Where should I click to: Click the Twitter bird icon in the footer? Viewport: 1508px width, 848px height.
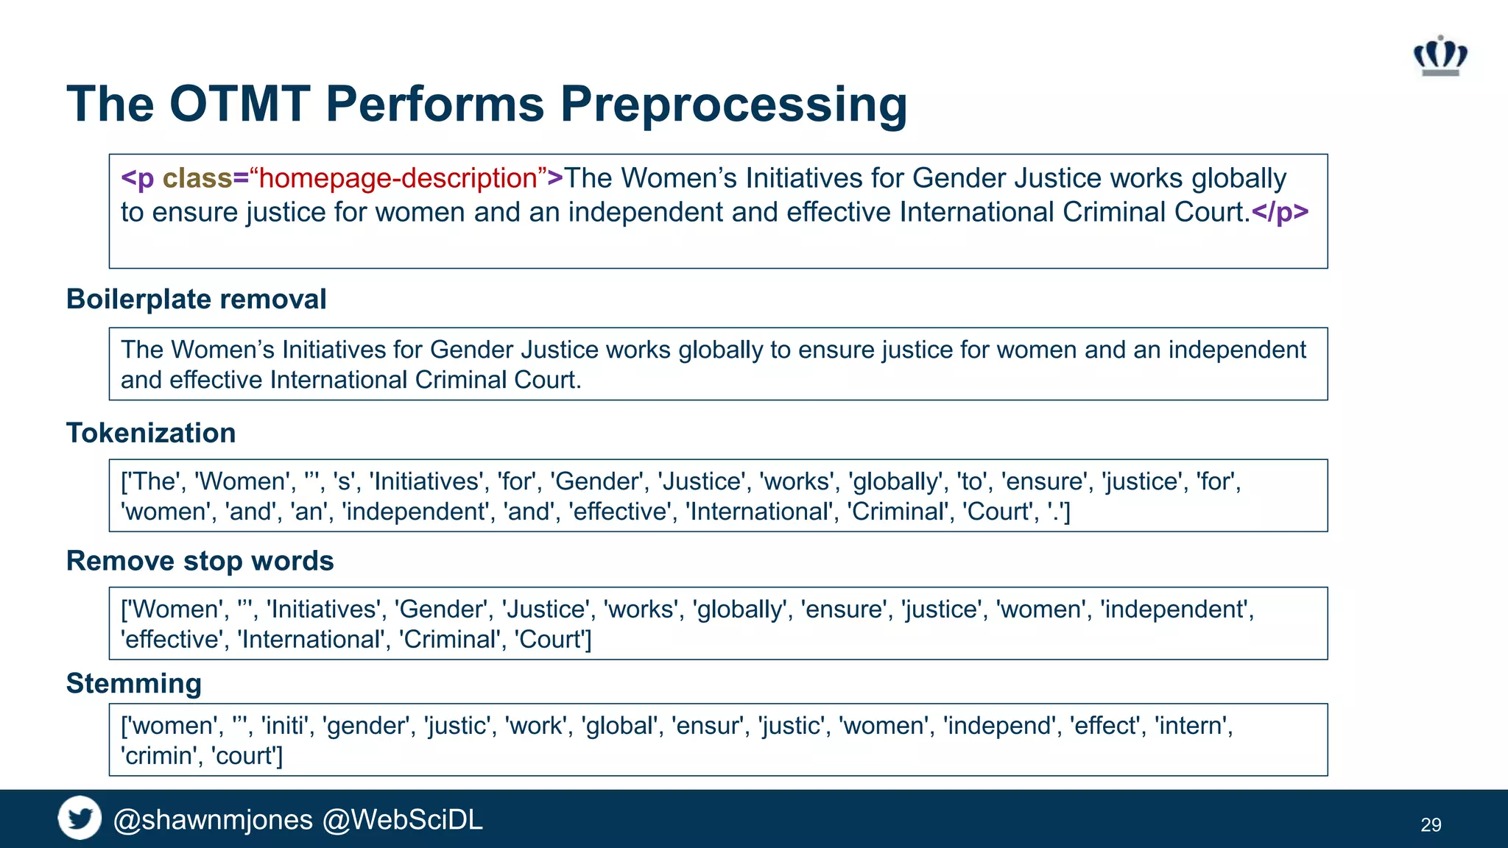pos(80,818)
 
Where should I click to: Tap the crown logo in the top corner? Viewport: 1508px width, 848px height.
pos(1440,56)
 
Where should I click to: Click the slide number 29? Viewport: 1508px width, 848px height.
pos(1431,824)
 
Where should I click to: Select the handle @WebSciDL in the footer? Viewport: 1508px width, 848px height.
pos(403,819)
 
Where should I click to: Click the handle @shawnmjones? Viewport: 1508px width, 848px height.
pos(213,819)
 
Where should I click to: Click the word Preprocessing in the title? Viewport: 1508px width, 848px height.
pos(733,104)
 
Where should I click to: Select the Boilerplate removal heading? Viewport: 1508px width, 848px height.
pos(196,300)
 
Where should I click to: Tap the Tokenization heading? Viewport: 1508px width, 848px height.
pos(151,433)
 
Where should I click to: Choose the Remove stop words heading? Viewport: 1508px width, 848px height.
pos(200,561)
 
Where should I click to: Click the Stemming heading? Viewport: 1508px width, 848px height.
pos(133,683)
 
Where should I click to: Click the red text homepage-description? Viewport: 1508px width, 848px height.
pos(398,178)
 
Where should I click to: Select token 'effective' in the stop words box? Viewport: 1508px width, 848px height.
pos(172,639)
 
